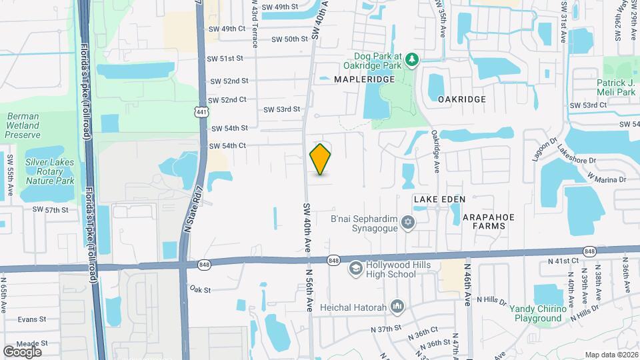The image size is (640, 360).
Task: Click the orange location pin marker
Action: pos(321,159)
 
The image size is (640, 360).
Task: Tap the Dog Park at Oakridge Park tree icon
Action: pos(413,61)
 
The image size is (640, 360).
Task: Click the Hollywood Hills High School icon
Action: pos(356,268)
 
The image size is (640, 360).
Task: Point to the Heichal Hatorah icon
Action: pos(398,306)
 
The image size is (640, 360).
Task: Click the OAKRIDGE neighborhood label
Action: pos(462,99)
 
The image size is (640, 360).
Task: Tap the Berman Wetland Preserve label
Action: pos(23,125)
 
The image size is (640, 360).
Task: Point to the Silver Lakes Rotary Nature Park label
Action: pos(49,171)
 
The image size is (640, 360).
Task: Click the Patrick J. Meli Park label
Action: pos(615,87)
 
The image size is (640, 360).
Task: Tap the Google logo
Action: pos(22,351)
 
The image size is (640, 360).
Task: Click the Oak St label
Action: pos(199,289)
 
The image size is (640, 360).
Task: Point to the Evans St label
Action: pos(31,319)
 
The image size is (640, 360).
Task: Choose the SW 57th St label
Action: pos(51,209)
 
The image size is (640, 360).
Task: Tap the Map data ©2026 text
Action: pos(611,355)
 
